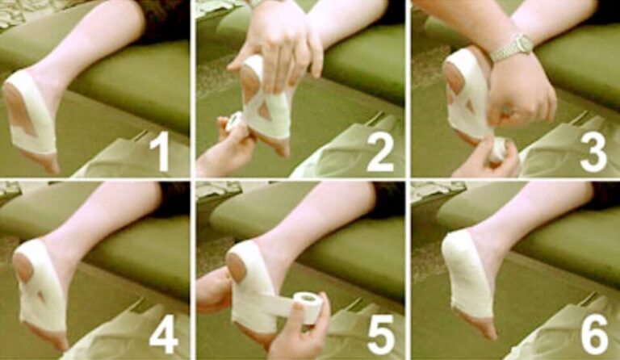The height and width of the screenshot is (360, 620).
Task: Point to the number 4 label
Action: tap(164, 335)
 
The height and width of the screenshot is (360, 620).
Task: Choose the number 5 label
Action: tap(379, 335)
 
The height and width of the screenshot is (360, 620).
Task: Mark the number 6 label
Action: tap(593, 335)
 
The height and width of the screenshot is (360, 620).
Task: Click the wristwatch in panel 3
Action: tap(512, 48)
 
